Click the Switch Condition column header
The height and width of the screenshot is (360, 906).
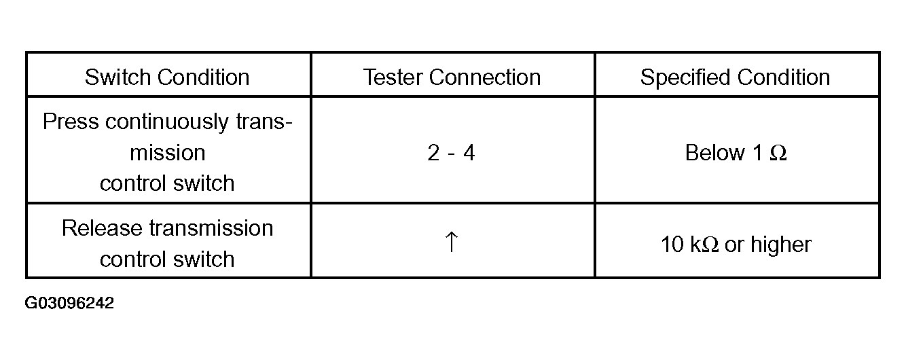pyautogui.click(x=167, y=77)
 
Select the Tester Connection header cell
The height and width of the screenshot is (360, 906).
pyautogui.click(x=452, y=77)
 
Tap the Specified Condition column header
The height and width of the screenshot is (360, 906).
pyautogui.click(x=735, y=77)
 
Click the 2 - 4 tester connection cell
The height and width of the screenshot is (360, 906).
pyautogui.click(x=451, y=153)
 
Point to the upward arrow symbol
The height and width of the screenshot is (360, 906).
pyautogui.click(x=452, y=242)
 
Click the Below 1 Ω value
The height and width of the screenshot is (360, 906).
pyautogui.click(x=736, y=153)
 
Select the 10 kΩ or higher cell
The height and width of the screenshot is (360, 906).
pyautogui.click(x=736, y=245)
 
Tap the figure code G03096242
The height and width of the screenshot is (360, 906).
pyautogui.click(x=69, y=303)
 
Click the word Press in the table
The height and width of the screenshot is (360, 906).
pyautogui.click(x=71, y=122)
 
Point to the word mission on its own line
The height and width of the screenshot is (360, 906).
pyautogui.click(x=168, y=153)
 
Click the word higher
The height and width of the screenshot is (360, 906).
pyautogui.click(x=781, y=245)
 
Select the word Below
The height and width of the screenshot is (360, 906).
pyautogui.click(x=714, y=153)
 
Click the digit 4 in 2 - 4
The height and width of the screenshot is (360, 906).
pyautogui.click(x=469, y=153)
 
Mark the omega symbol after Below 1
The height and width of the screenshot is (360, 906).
pyautogui.click(x=778, y=153)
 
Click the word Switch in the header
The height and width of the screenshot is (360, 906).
pyautogui.click(x=117, y=77)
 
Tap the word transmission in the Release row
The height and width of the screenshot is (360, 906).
pyautogui.click(x=211, y=228)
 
